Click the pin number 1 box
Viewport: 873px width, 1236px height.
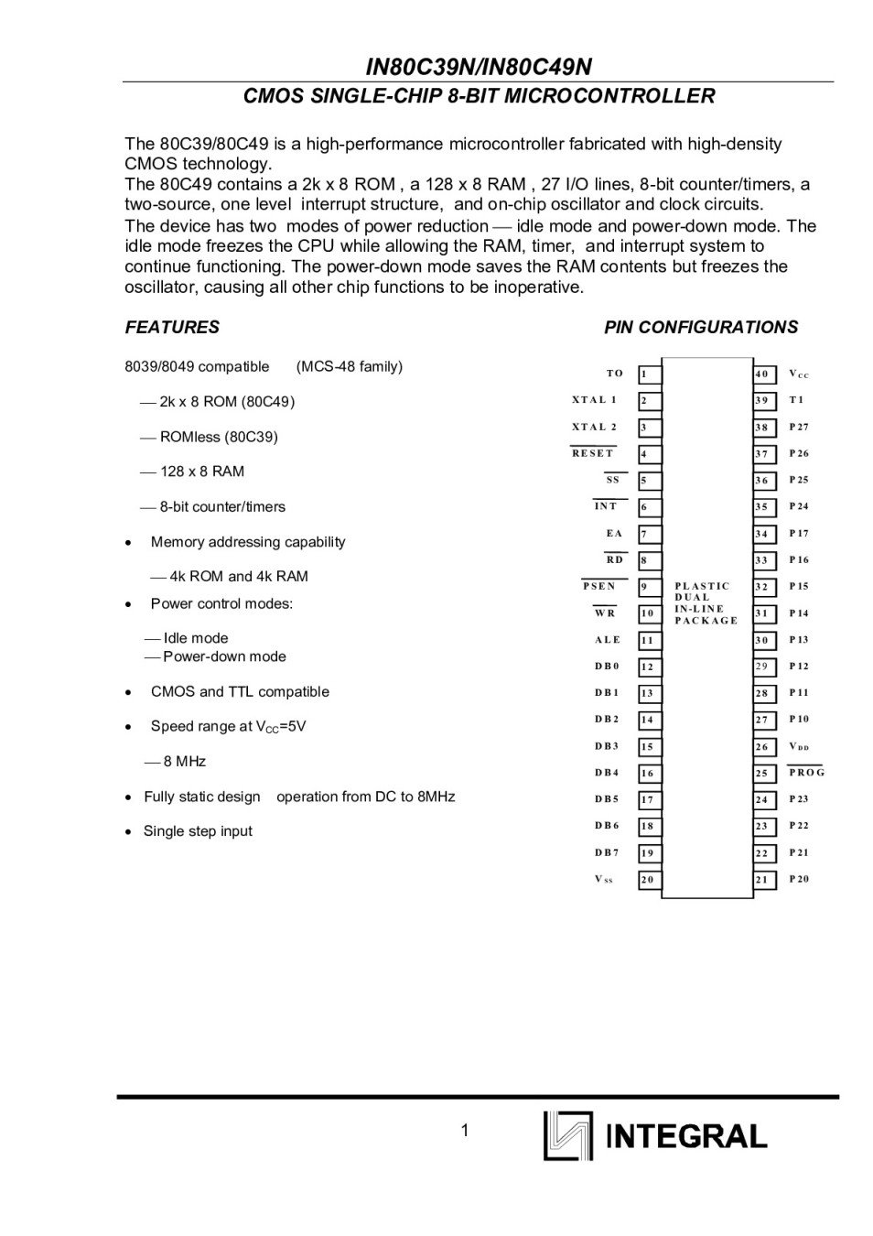tap(649, 374)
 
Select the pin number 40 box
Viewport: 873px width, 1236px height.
tap(764, 374)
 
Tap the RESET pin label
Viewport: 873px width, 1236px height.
tap(593, 453)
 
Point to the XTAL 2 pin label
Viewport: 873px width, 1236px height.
tap(594, 427)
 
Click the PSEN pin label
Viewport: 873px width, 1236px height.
tap(599, 586)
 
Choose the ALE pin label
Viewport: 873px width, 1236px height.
tap(607, 640)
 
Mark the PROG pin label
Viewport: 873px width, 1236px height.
tap(806, 773)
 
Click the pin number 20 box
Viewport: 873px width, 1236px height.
tap(649, 880)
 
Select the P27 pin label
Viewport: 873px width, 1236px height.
tap(799, 427)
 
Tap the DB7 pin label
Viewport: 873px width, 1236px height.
tap(607, 852)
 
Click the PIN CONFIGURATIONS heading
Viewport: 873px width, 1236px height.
tap(701, 327)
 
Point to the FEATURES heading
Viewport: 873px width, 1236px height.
tap(172, 327)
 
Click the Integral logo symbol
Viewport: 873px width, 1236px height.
tap(567, 1135)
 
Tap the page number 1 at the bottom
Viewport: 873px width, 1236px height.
tap(465, 1131)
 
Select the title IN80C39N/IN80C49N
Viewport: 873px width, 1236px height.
tap(479, 67)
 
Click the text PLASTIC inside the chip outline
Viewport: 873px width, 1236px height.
tap(702, 586)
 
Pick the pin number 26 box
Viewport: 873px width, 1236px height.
tap(764, 747)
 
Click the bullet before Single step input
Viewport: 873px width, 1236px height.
tap(129, 832)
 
